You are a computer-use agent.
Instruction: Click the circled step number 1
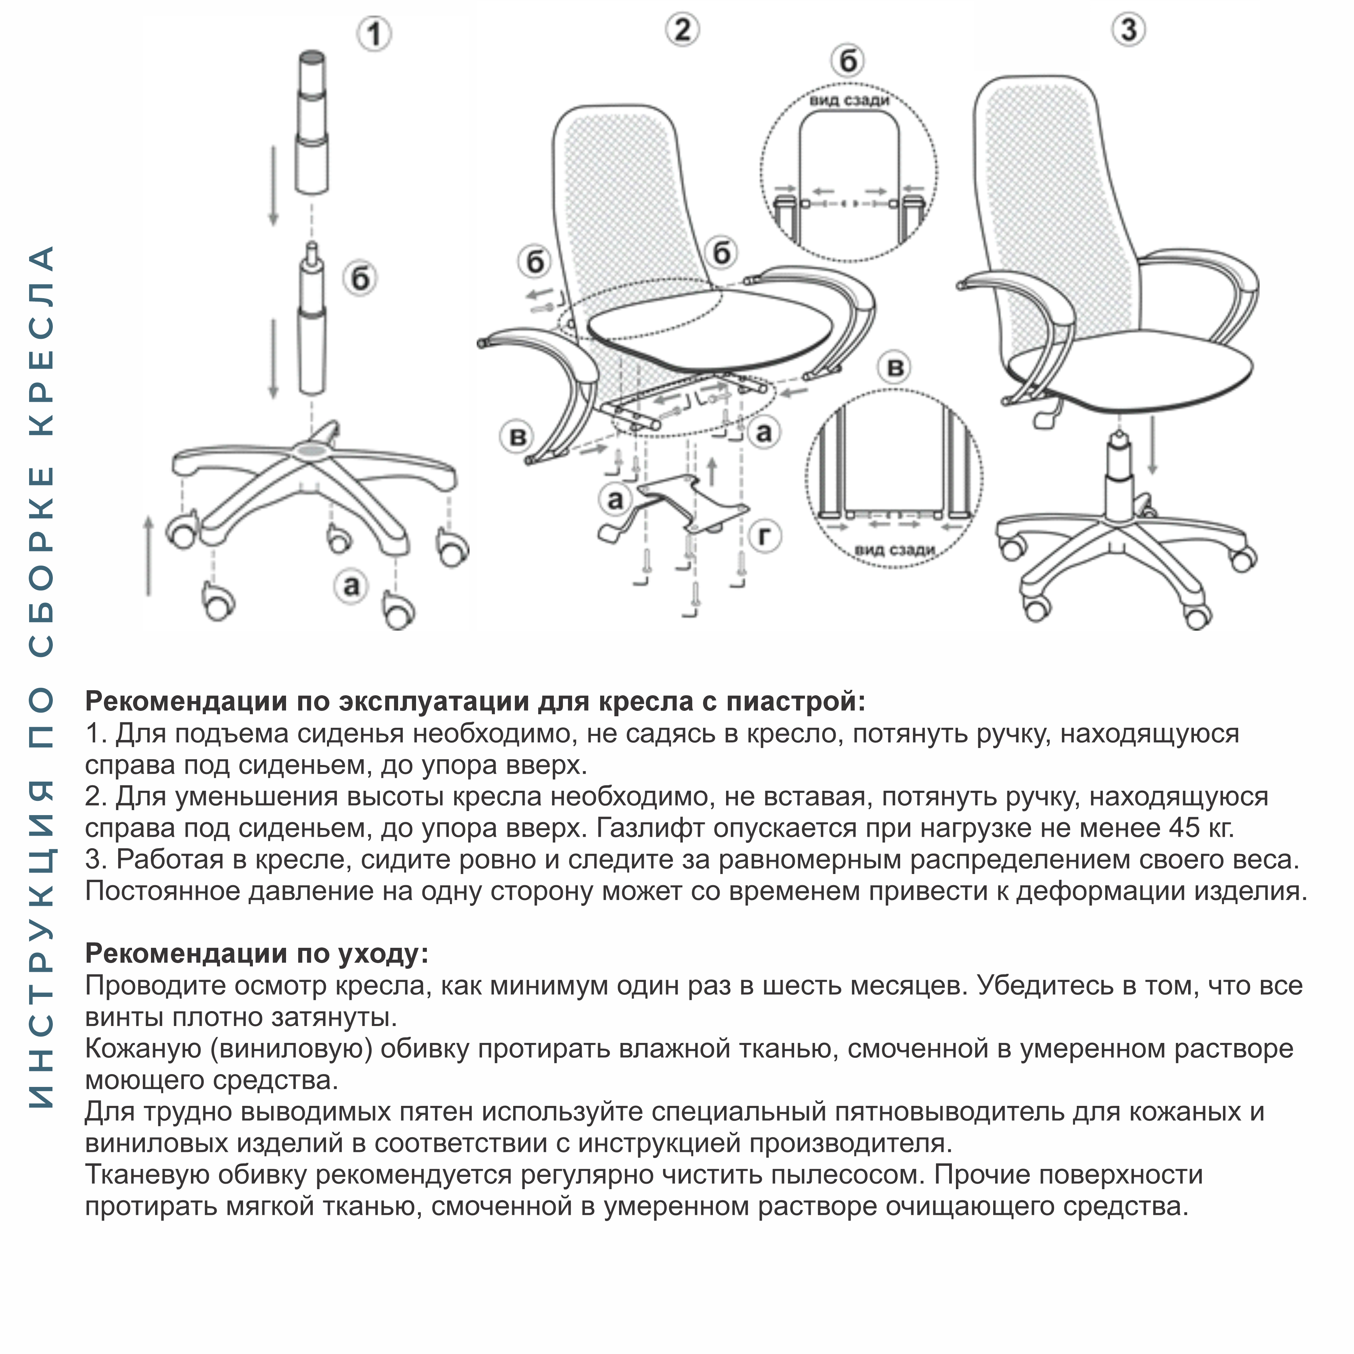374,34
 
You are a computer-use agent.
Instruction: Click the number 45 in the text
1184,828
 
